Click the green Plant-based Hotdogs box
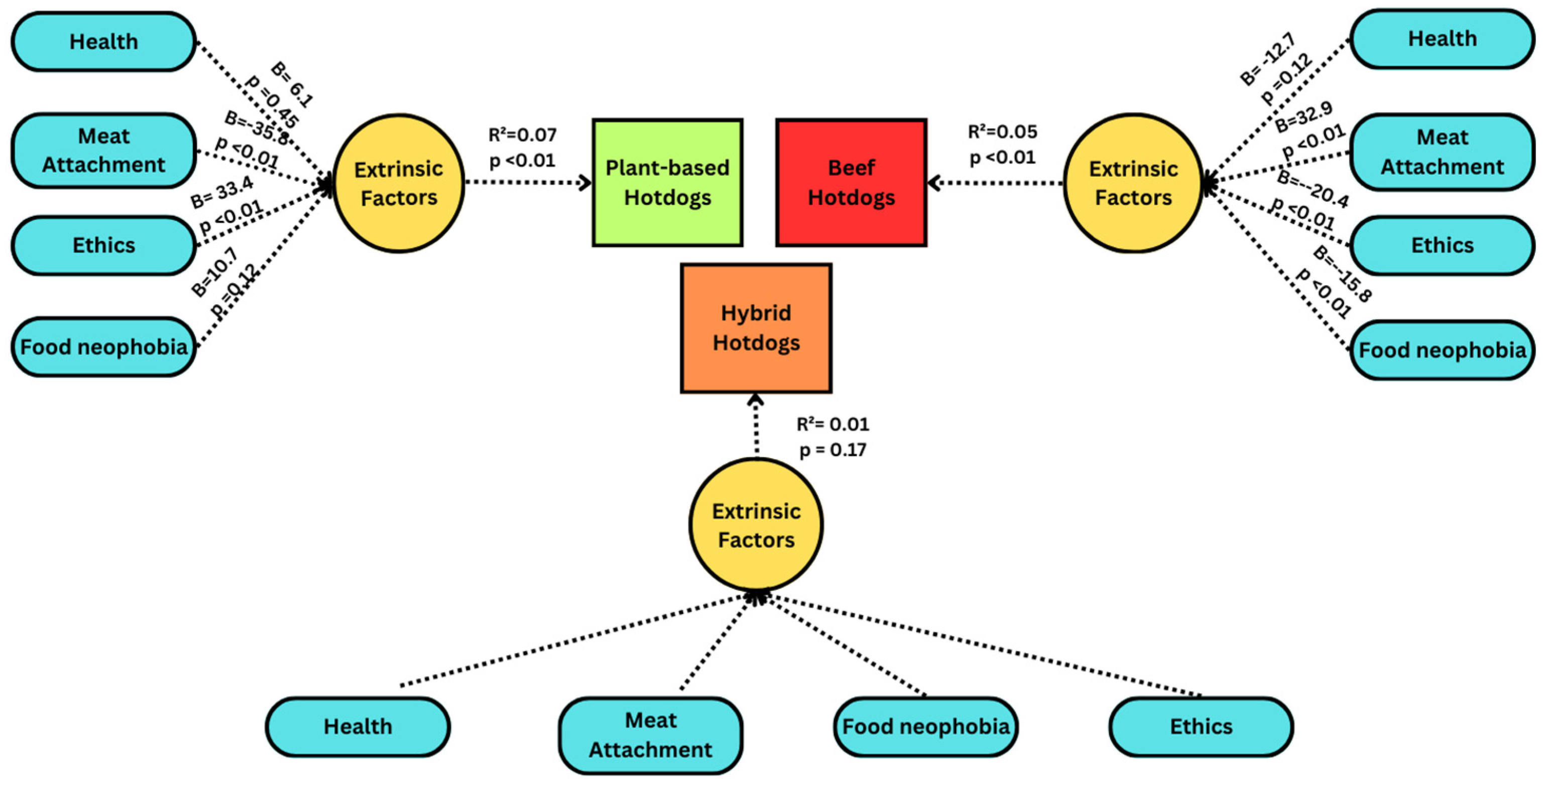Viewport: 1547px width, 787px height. coord(667,183)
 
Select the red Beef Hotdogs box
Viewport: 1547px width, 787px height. coord(851,183)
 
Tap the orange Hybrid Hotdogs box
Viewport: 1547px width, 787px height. coord(756,328)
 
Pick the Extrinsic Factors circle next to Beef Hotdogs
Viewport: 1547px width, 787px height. coord(1133,183)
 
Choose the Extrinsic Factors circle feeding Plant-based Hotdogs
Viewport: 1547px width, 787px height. coord(399,183)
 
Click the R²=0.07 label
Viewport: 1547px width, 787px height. coord(522,135)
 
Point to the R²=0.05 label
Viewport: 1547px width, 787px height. coord(1002,132)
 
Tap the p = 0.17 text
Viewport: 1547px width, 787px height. coord(832,450)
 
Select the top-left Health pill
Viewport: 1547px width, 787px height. coord(104,42)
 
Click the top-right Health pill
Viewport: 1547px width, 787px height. coord(1442,39)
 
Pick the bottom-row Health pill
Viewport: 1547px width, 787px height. coord(358,726)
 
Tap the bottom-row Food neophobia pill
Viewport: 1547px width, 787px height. coord(925,726)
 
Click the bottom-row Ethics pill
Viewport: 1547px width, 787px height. coord(1201,726)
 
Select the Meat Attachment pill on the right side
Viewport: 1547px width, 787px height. coord(1442,152)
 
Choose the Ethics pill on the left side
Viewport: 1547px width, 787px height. coord(104,245)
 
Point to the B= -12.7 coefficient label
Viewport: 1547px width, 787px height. coord(1267,59)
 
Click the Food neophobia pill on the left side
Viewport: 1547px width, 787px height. coord(104,347)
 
